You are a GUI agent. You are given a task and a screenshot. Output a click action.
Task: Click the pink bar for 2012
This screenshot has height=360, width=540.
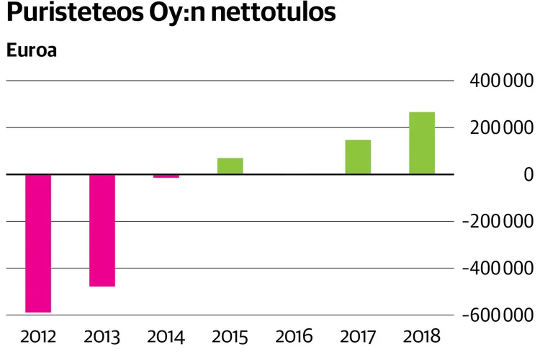click(x=38, y=243)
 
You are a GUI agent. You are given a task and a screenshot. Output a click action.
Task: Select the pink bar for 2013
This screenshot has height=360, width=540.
click(x=102, y=230)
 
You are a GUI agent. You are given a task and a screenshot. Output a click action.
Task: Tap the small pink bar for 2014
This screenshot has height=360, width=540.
click(x=166, y=176)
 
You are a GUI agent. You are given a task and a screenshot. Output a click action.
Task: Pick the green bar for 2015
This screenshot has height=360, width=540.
click(x=230, y=166)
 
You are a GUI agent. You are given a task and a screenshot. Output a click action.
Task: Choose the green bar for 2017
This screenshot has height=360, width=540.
click(x=358, y=157)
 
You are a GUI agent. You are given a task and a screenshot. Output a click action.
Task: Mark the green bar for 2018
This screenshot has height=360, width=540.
click(x=422, y=143)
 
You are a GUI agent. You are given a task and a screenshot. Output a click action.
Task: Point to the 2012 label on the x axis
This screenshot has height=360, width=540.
click(x=38, y=336)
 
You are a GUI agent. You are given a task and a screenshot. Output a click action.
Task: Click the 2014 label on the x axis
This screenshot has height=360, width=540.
click(x=166, y=336)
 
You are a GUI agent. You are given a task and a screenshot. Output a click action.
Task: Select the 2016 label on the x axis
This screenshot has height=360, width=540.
click(x=294, y=336)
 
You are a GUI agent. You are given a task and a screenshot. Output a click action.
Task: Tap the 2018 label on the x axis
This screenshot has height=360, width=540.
click(x=422, y=336)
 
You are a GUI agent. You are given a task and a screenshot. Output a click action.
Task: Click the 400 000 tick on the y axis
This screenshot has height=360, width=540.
click(x=495, y=81)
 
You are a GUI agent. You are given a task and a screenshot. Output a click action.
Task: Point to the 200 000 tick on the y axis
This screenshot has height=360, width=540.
click(x=495, y=127)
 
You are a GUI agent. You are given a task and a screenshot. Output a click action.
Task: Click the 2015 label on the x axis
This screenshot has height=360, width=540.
click(x=230, y=336)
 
